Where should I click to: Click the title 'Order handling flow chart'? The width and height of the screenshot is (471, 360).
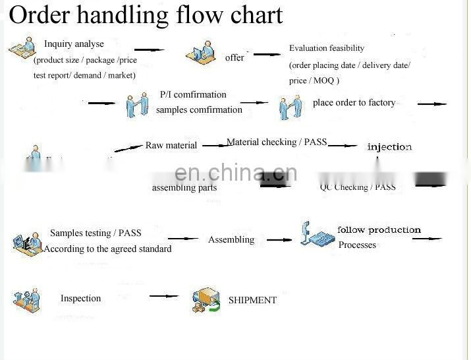[x=146, y=15]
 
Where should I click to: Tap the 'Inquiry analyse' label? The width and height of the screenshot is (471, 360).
[x=74, y=44]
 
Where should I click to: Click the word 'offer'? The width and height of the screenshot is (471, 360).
[x=235, y=58]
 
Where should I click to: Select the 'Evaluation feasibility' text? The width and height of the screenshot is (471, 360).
[x=327, y=48]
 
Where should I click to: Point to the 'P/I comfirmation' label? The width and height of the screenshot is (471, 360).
[x=193, y=95]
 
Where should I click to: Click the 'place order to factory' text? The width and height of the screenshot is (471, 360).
[x=354, y=103]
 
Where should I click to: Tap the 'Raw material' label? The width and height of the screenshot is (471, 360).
[x=171, y=145]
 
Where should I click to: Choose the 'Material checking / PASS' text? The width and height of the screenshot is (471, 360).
[x=277, y=142]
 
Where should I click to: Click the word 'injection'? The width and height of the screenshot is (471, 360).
[x=389, y=147]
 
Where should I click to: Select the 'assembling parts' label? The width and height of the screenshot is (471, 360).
[x=184, y=188]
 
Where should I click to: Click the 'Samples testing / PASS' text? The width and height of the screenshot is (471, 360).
[x=96, y=233]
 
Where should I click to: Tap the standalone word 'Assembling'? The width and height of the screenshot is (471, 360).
[x=231, y=240]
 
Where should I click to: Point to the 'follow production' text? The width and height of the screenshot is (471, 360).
[x=379, y=230]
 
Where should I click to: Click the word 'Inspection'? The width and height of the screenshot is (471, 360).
[x=81, y=299]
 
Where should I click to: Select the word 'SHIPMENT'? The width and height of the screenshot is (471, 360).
[x=252, y=301]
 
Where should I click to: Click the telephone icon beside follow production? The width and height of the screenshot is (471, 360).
[x=317, y=235]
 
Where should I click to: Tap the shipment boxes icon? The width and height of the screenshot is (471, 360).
[x=206, y=301]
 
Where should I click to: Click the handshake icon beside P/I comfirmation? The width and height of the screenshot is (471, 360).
[x=137, y=105]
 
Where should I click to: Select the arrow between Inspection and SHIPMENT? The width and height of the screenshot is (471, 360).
[x=163, y=296]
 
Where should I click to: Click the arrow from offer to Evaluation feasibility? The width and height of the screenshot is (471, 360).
[x=267, y=55]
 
